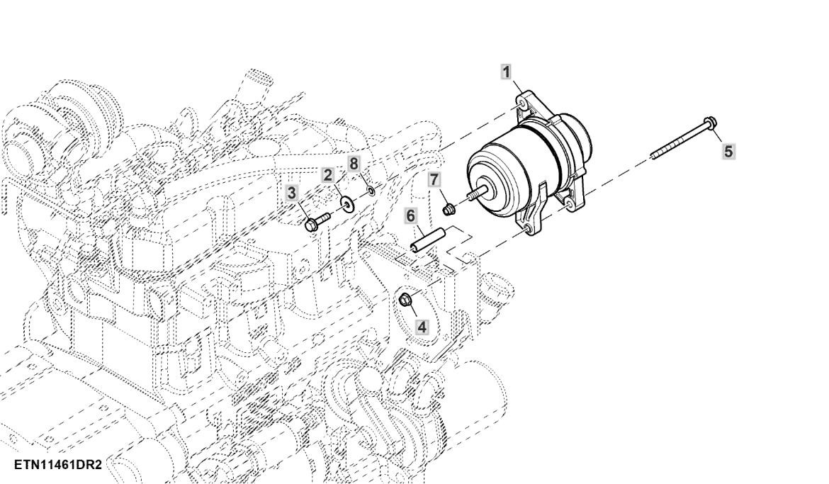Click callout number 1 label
[x=506, y=71]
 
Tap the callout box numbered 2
[x=328, y=175]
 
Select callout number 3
[x=292, y=192]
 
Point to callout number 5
[x=728, y=151]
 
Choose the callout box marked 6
[x=410, y=215]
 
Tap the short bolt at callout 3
[x=316, y=221]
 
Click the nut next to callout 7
[x=449, y=209]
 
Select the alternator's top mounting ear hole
[x=522, y=104]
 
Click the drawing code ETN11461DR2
[x=58, y=463]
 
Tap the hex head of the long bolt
[x=709, y=124]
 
